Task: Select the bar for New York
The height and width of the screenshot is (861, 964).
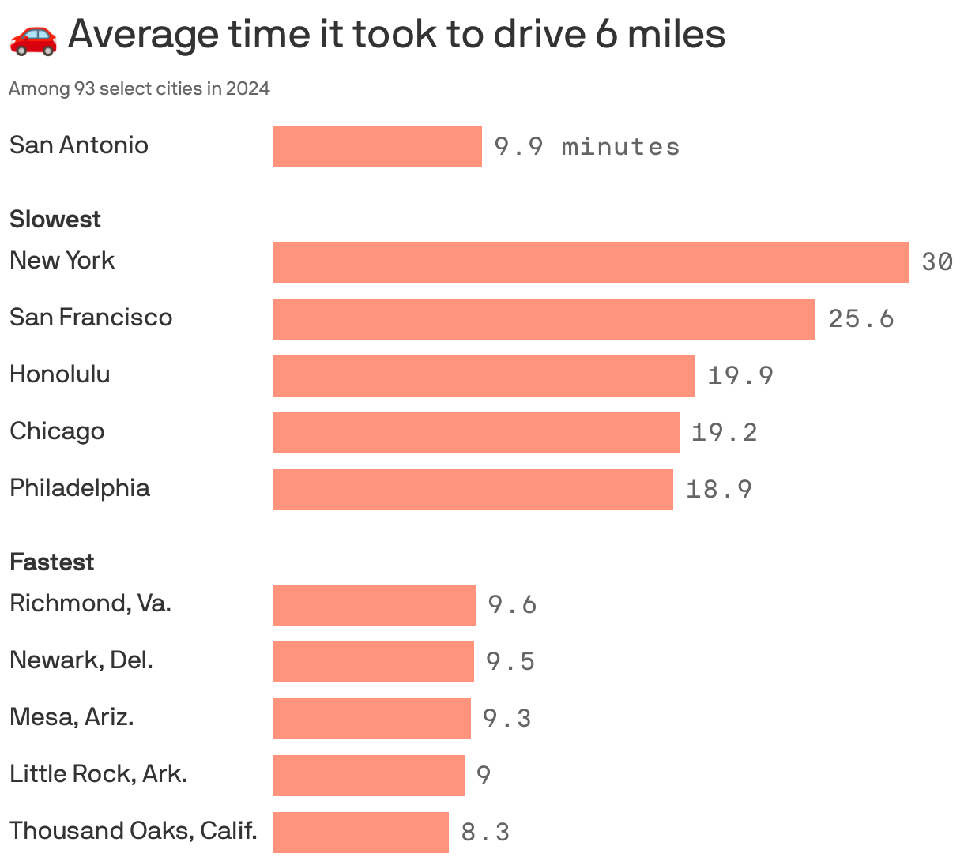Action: (590, 262)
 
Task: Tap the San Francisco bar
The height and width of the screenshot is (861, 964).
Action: (544, 319)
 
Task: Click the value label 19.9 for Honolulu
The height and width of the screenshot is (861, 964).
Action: (740, 376)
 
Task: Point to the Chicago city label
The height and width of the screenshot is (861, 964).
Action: (57, 431)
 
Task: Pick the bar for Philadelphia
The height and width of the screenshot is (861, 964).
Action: (473, 490)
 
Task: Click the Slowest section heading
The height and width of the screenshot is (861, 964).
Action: (55, 219)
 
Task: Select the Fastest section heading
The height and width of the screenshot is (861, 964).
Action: (52, 562)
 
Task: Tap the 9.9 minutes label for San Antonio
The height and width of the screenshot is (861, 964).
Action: (586, 147)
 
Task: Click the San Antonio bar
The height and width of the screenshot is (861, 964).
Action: (377, 147)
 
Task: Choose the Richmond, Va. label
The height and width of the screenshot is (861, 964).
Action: (90, 603)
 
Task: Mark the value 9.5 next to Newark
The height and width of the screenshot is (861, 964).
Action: (510, 661)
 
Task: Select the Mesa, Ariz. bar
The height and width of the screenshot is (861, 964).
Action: (371, 719)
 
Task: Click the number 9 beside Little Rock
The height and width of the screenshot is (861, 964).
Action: (484, 775)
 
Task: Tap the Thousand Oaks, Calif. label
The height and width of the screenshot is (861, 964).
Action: (134, 831)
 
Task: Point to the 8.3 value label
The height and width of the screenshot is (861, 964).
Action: (485, 833)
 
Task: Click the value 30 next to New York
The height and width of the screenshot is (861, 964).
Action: (937, 262)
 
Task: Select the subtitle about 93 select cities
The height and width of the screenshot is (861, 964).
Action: (139, 88)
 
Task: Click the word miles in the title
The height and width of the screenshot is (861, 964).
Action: (676, 35)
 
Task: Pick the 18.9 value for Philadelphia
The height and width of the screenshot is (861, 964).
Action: (718, 490)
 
